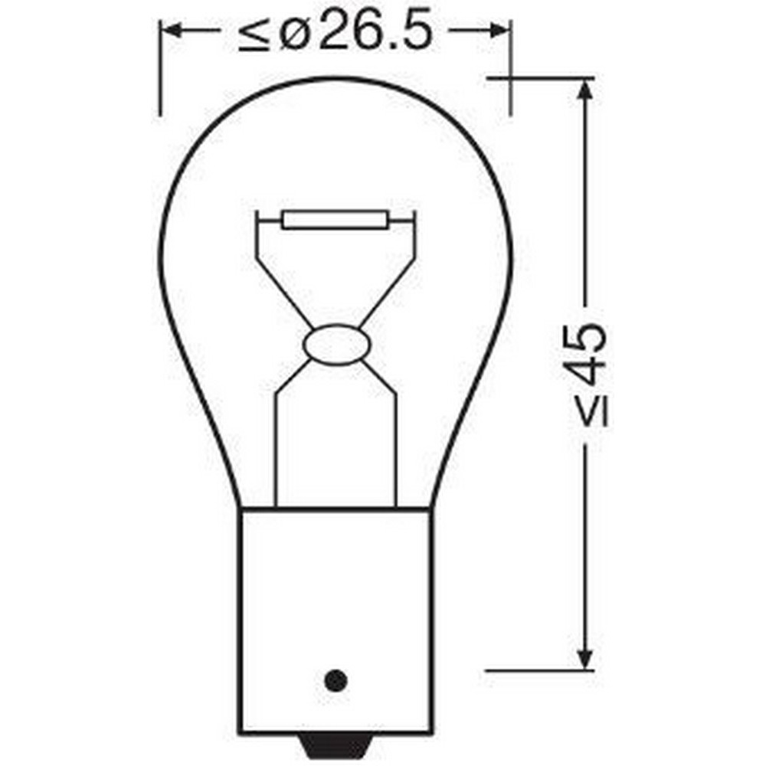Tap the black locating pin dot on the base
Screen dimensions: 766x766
pos(336,679)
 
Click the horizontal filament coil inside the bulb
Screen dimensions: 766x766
pos(336,221)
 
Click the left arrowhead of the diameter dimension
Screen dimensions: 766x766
pos(170,31)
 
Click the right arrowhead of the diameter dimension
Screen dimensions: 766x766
pos(500,31)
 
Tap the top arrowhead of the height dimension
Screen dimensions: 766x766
pos(585,89)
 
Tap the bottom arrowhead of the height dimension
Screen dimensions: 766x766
pos(585,659)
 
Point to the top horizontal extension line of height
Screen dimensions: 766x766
pos(540,77)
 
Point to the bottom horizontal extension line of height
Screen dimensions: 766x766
pos(540,670)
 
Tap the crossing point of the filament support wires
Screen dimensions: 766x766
pos(336,326)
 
